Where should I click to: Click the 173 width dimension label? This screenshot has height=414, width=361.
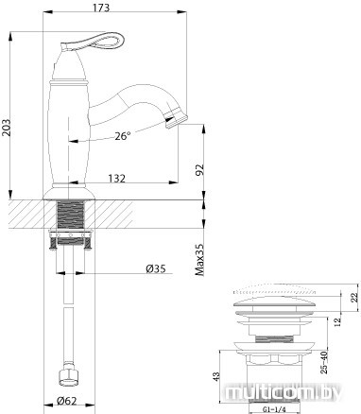(102, 8)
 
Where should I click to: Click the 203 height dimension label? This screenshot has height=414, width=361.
(7, 128)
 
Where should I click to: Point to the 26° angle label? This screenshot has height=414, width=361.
(122, 136)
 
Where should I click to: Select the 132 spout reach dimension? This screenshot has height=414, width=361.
(116, 179)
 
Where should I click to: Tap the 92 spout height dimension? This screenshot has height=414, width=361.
(200, 169)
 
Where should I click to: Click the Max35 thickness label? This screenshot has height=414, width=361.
(199, 260)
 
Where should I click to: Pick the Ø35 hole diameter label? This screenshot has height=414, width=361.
(156, 268)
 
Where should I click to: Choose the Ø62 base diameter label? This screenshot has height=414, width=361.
(66, 401)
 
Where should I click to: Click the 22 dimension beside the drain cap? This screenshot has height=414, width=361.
(354, 297)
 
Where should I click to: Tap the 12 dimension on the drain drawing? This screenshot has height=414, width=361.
(337, 321)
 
